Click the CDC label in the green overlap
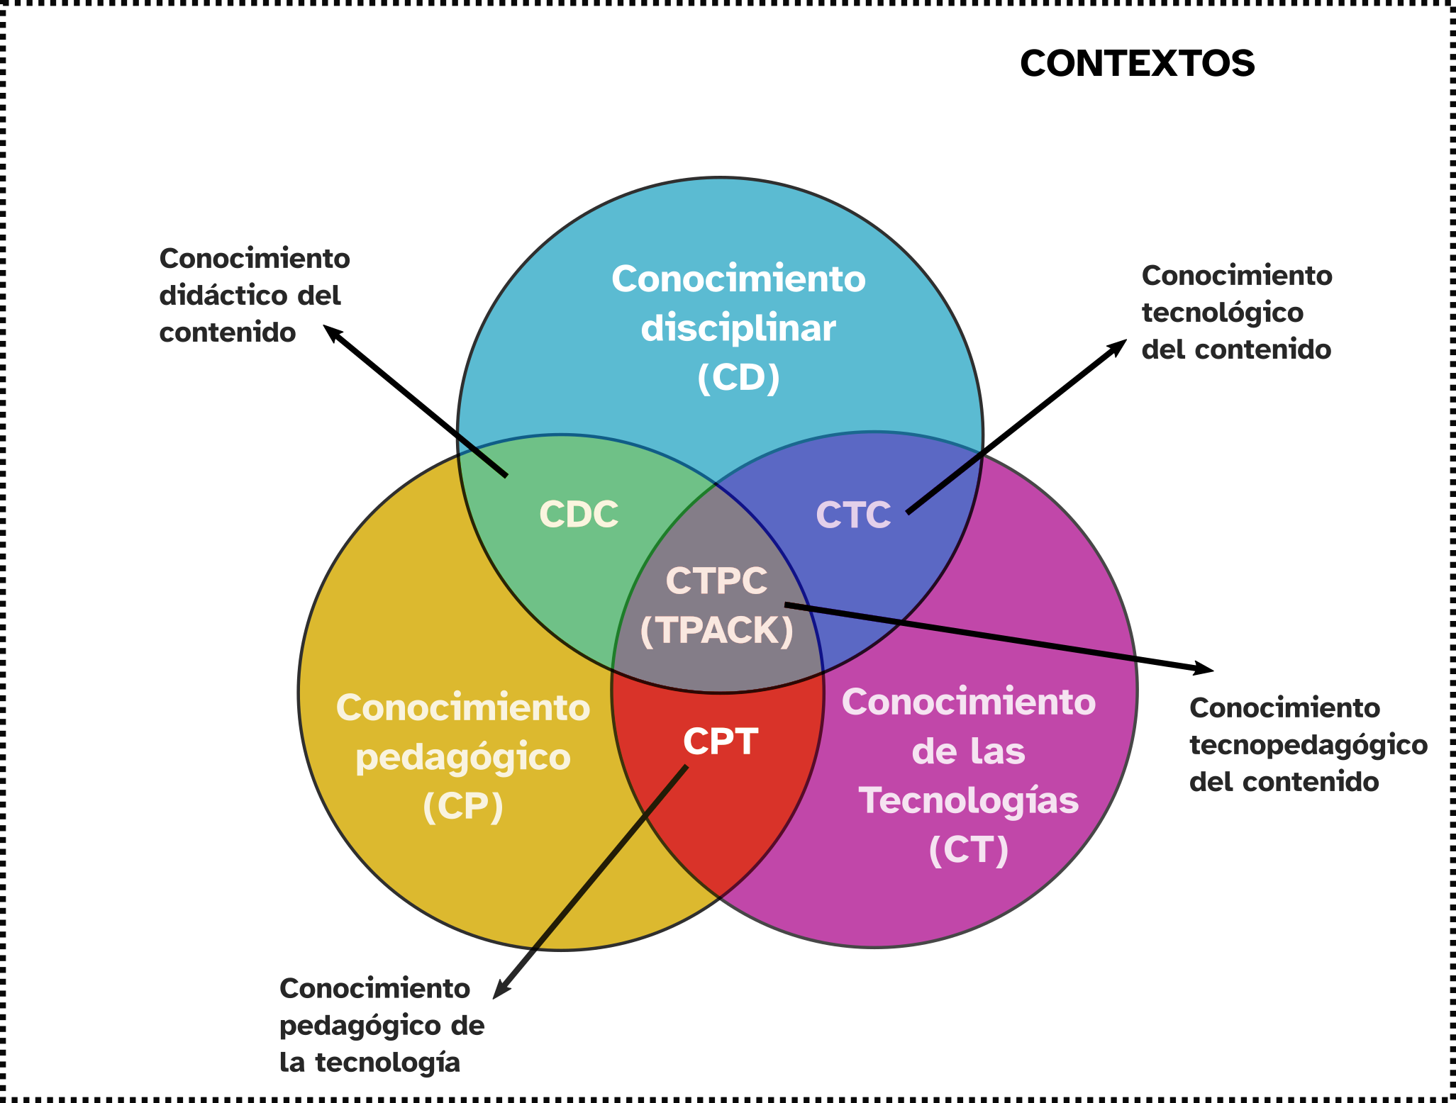point(579,515)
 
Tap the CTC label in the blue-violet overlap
point(853,515)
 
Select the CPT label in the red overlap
point(721,741)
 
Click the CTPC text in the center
point(716,581)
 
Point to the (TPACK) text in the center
point(716,630)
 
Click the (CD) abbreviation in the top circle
point(738,378)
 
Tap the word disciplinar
point(738,329)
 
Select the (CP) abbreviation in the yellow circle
point(463,806)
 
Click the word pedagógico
point(463,758)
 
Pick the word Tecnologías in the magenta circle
point(969,801)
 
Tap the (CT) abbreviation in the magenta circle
point(969,850)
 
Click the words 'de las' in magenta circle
point(969,751)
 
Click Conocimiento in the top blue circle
point(738,279)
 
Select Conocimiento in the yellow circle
point(463,708)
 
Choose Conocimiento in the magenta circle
point(969,702)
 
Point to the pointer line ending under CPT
point(611,856)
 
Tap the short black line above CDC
point(483,455)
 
